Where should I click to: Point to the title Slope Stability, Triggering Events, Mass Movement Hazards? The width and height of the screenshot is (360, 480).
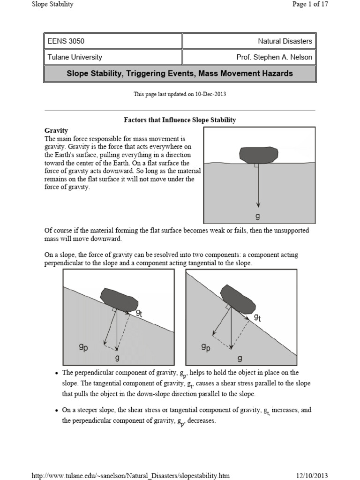click(180, 74)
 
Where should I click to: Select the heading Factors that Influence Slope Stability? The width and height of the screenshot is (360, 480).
click(180, 120)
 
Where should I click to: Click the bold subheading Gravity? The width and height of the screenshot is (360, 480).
click(56, 130)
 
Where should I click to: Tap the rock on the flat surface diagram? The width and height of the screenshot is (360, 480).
click(257, 154)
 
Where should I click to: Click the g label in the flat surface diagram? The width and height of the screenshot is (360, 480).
click(257, 217)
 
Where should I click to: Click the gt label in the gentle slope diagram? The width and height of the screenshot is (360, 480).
click(139, 314)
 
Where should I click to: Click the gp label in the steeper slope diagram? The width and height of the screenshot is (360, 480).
click(206, 347)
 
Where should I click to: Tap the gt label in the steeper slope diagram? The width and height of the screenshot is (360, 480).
click(257, 317)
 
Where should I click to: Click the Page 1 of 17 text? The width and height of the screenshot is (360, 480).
click(310, 5)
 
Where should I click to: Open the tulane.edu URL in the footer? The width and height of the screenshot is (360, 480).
click(130, 476)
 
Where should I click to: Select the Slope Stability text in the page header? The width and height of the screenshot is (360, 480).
click(52, 5)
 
